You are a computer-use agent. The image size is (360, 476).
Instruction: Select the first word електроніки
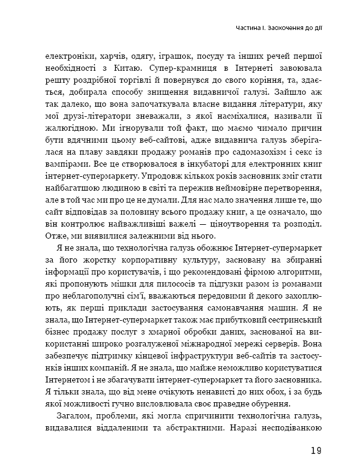coord(67,58)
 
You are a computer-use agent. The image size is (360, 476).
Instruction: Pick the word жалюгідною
coord(67,127)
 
